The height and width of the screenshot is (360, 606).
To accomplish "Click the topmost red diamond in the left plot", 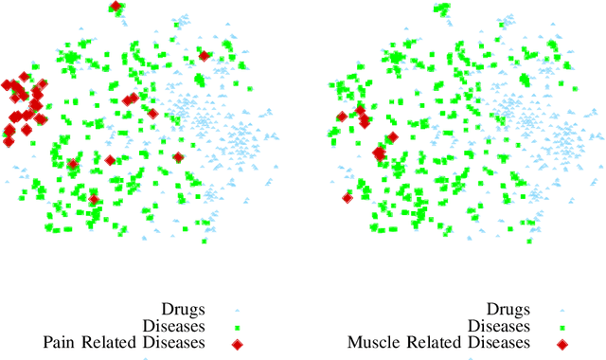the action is (x=116, y=7).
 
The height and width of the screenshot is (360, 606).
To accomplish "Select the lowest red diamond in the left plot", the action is (x=94, y=199).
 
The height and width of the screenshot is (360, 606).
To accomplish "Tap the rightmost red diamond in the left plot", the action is (x=204, y=55).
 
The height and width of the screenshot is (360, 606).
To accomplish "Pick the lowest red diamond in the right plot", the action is (x=347, y=198).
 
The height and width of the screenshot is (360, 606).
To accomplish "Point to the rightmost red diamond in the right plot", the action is (x=393, y=137).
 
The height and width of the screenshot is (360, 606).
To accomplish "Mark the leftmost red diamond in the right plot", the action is (x=340, y=117).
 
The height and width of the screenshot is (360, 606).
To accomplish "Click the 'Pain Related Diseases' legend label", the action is (x=125, y=342).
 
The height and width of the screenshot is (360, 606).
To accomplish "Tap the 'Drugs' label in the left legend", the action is (x=184, y=309).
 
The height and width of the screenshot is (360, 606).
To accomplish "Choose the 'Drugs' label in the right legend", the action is (x=508, y=309).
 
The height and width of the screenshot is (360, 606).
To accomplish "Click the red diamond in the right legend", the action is (x=561, y=343).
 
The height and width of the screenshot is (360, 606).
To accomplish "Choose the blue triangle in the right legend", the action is (x=561, y=310).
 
